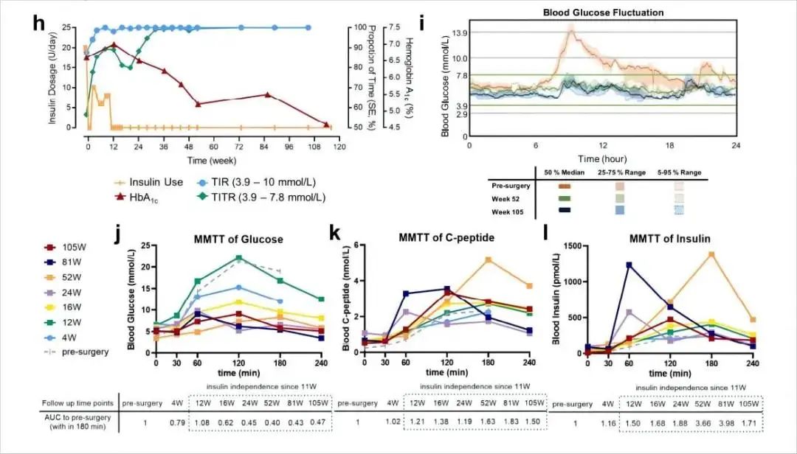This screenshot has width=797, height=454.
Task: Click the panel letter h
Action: click(40, 21)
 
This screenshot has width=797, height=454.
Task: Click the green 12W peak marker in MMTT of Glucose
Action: click(239, 258)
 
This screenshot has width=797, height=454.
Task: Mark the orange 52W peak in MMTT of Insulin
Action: click(711, 254)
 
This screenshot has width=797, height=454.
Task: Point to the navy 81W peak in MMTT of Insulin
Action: click(629, 265)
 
